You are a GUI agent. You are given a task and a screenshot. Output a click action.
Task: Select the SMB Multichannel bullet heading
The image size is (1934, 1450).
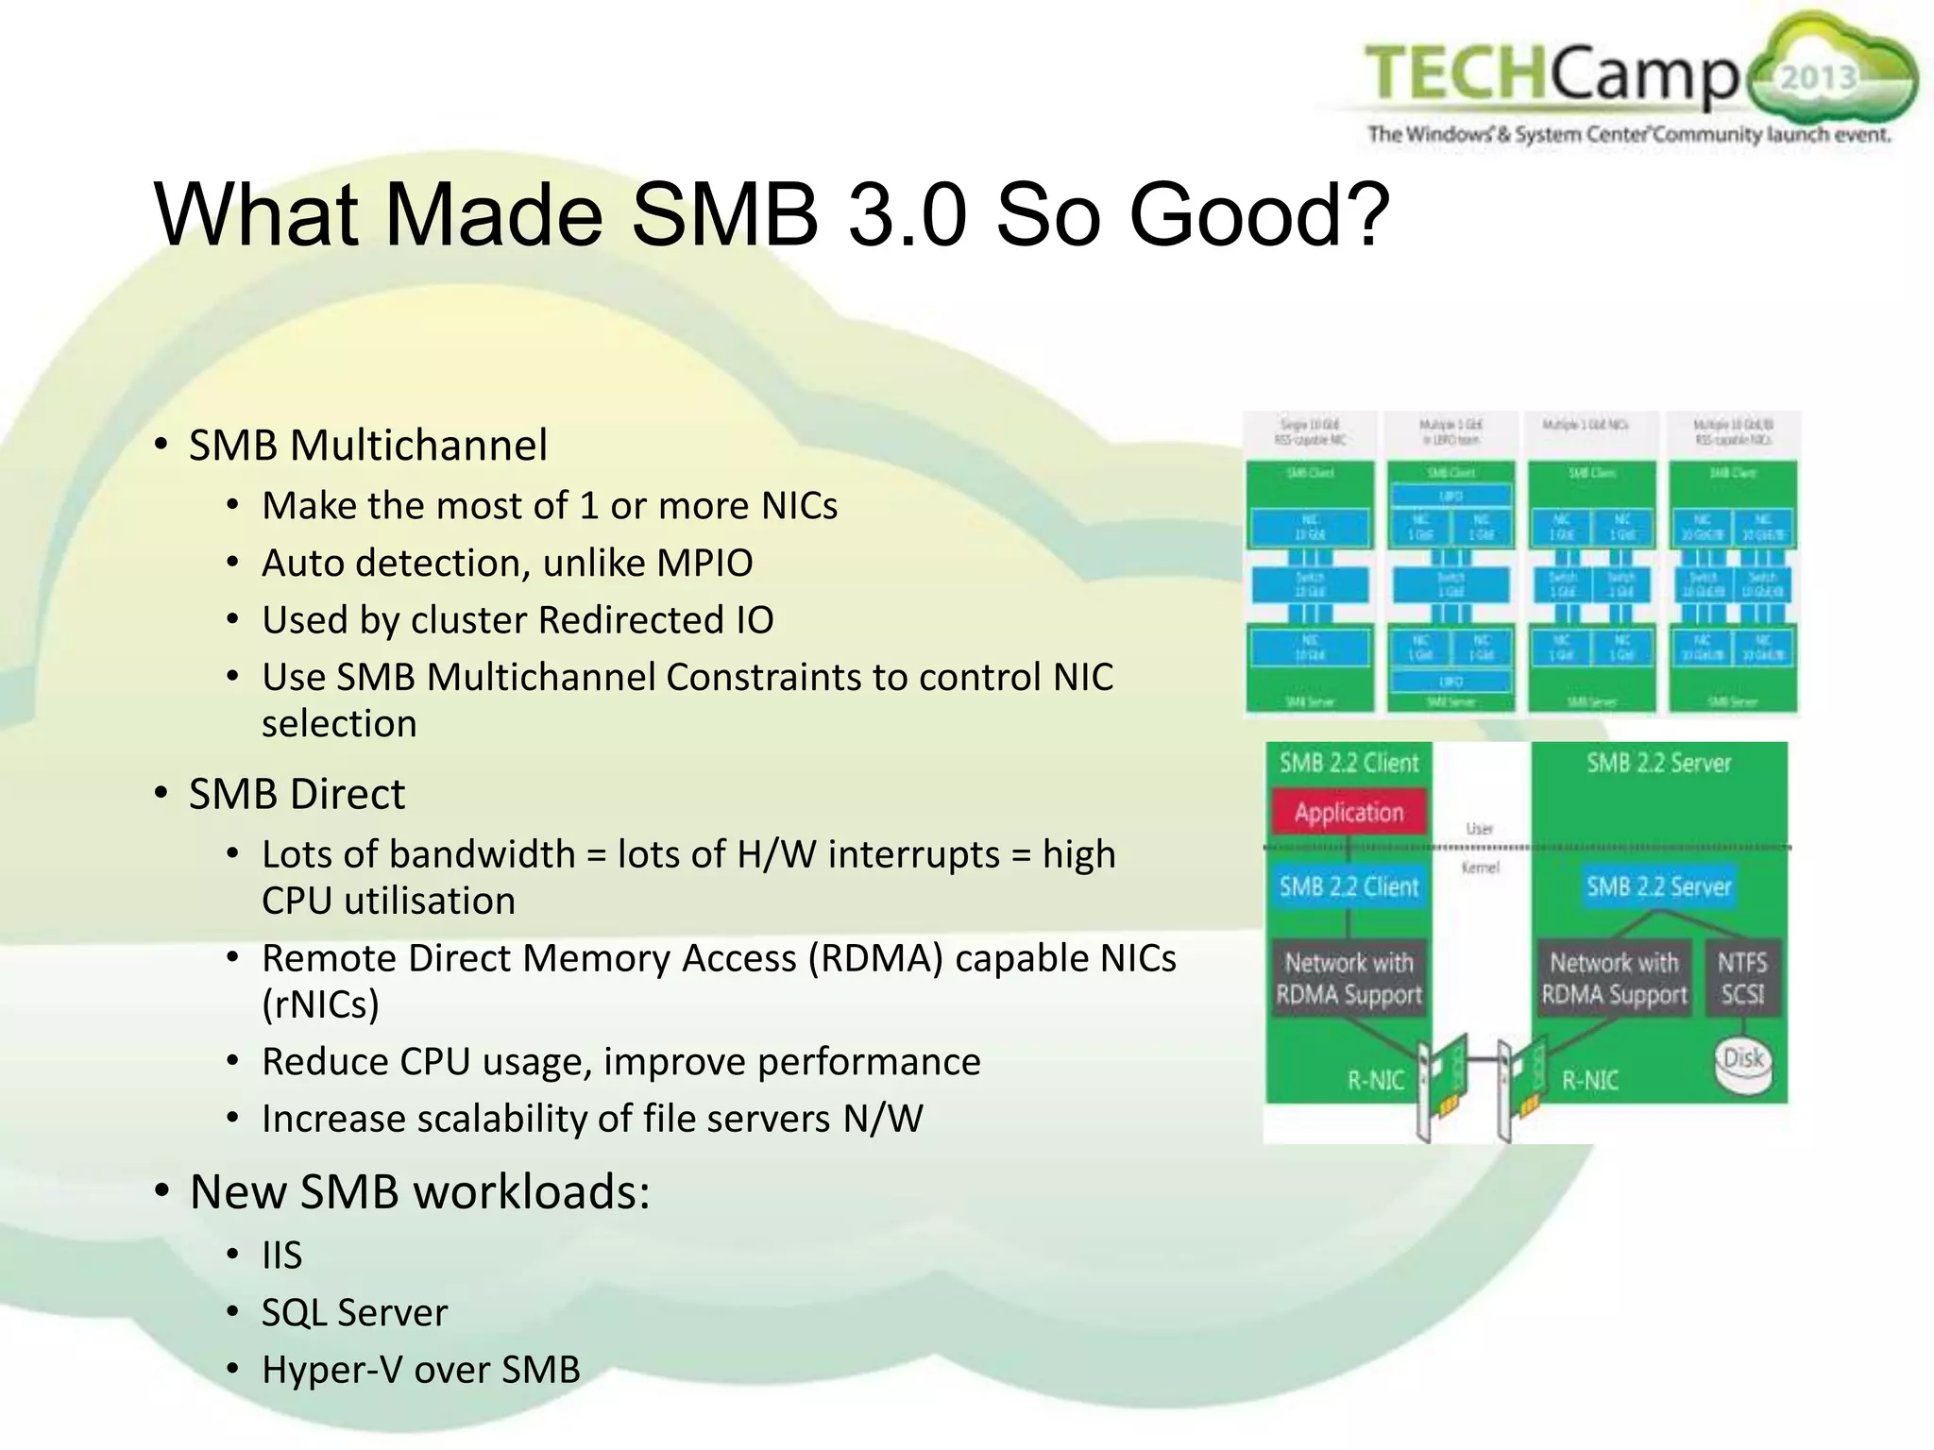click(x=367, y=445)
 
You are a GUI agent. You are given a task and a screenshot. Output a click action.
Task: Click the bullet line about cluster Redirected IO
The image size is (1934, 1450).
click(x=517, y=620)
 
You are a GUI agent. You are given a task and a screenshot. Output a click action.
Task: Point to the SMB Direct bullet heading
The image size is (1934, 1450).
click(x=297, y=794)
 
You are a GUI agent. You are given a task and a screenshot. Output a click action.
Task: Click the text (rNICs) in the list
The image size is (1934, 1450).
click(x=320, y=1004)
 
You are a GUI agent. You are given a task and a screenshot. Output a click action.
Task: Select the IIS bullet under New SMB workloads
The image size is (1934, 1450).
click(x=281, y=1256)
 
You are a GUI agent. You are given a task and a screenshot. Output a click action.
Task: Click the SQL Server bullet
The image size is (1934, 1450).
click(x=354, y=1313)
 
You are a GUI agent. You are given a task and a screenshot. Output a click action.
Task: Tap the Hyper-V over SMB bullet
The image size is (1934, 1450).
click(x=420, y=1370)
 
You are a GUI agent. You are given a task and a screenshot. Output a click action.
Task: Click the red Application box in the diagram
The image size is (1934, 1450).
click(x=1349, y=812)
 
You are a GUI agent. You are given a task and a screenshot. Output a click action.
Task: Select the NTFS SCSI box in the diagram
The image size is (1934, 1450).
click(x=1742, y=978)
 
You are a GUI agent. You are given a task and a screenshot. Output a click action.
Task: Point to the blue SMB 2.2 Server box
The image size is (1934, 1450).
click(x=1658, y=886)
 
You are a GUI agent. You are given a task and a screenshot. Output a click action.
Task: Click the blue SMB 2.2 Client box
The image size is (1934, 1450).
click(x=1349, y=886)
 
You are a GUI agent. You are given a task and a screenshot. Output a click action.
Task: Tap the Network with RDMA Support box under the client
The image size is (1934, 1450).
click(x=1349, y=978)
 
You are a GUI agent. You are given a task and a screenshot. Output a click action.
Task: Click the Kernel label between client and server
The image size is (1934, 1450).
click(x=1480, y=868)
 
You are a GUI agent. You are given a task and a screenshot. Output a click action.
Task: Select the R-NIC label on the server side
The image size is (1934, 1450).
click(x=1590, y=1080)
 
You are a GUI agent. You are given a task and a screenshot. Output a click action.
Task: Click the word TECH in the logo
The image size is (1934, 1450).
click(x=1455, y=73)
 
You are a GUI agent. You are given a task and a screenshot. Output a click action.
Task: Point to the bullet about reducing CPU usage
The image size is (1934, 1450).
click(x=620, y=1062)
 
